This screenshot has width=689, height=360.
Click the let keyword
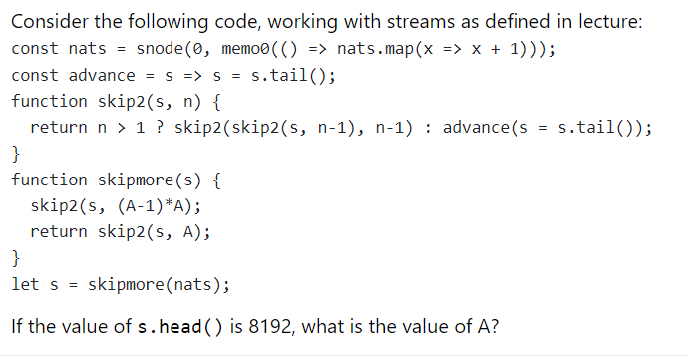(25, 285)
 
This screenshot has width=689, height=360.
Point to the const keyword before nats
(35, 49)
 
